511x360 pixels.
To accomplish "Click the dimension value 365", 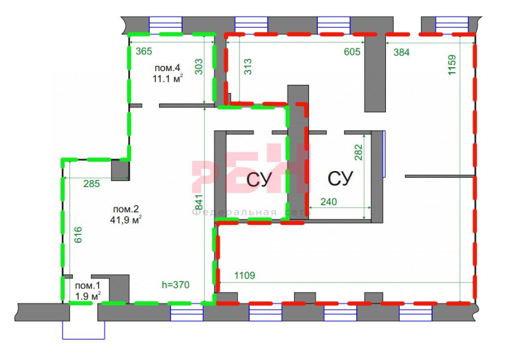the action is [x=144, y=51].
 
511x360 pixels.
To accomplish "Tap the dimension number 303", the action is [x=199, y=67].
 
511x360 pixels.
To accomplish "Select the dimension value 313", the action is [x=248, y=67].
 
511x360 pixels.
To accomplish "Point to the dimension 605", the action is [x=352, y=51].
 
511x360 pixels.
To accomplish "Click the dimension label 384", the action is [x=401, y=52].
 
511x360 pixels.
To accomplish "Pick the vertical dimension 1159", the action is [x=452, y=65].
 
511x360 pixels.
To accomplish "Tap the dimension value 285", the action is [x=92, y=183].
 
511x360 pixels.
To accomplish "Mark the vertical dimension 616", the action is [x=78, y=235].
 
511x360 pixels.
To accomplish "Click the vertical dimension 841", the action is [x=199, y=203].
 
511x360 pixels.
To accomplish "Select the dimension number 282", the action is [x=358, y=152].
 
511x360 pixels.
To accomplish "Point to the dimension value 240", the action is [x=329, y=202].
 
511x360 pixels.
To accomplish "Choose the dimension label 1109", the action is [x=245, y=276].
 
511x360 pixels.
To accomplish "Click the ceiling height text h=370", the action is [x=175, y=285].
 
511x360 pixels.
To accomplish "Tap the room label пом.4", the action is [x=167, y=68].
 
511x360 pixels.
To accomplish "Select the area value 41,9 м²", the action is [x=126, y=220].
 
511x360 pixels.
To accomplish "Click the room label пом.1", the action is [x=88, y=286].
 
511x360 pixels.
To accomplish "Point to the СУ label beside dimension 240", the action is [x=340, y=179].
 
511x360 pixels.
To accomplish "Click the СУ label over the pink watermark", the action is [x=259, y=179].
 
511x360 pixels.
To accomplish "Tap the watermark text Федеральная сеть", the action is [x=251, y=213].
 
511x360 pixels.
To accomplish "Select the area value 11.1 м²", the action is [x=168, y=78].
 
